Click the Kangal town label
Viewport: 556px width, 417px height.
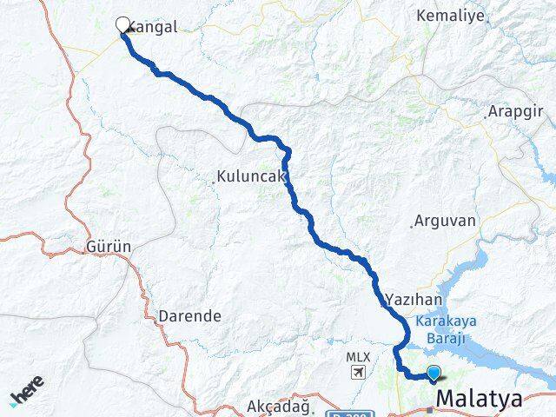(155, 27)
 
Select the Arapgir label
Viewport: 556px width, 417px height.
(517, 112)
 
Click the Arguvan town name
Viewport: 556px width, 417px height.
(445, 221)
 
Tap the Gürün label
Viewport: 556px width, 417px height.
(109, 247)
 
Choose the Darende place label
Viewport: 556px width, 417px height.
(189, 316)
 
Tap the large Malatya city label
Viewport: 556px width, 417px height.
(480, 400)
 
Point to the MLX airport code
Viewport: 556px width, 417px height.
(357, 357)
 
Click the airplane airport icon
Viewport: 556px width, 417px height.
(356, 373)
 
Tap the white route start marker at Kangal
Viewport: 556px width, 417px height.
(122, 25)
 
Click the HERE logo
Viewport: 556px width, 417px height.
(26, 395)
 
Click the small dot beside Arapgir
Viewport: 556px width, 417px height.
(484, 116)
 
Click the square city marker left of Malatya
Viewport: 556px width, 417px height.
(428, 409)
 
